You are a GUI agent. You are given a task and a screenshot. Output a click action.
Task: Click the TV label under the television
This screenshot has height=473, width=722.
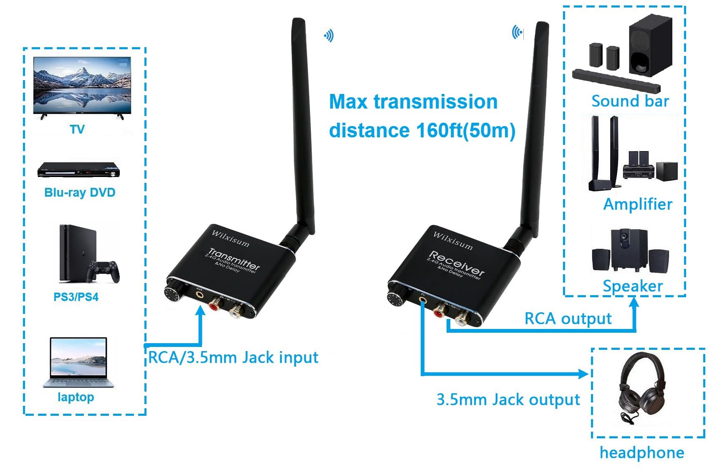coord(77,129)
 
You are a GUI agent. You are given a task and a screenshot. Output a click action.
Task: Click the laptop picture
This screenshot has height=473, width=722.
coord(78,362)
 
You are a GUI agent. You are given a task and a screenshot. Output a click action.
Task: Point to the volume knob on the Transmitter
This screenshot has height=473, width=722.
coord(172,293)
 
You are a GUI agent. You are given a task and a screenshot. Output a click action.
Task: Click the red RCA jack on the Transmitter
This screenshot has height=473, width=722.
coord(215,304)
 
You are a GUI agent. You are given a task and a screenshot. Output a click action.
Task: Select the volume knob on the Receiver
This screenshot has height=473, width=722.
coord(394,299)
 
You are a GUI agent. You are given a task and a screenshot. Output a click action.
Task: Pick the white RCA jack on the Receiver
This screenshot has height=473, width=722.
coord(462,320)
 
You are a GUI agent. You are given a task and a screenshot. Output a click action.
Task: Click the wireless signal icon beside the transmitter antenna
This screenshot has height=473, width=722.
coord(329,36)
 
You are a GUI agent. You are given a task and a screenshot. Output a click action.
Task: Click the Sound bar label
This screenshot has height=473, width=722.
coord(630,101)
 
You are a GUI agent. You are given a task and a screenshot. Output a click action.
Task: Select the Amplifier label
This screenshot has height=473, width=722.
coord(637,204)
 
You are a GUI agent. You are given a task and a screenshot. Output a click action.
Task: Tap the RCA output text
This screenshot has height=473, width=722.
coord(568,319)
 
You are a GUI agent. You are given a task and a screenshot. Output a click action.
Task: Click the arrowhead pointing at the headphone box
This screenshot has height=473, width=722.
coord(583,373)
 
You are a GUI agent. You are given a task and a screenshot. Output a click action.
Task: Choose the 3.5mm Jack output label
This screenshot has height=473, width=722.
coord(508,400)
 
